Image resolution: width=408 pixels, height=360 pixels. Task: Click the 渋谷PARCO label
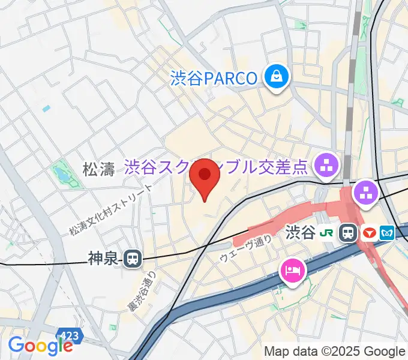(214, 77)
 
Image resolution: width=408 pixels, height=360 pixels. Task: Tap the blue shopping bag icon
(276, 77)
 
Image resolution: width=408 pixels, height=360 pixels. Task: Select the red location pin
(205, 178)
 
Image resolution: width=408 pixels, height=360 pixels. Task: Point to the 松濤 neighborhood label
(98, 170)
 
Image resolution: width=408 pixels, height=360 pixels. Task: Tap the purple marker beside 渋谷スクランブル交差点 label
(327, 163)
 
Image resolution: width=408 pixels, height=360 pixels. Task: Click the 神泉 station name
(103, 259)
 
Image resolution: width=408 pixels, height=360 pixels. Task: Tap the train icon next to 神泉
(133, 259)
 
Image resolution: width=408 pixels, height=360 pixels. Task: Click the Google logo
(40, 346)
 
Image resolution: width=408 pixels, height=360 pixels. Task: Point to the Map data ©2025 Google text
(335, 351)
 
